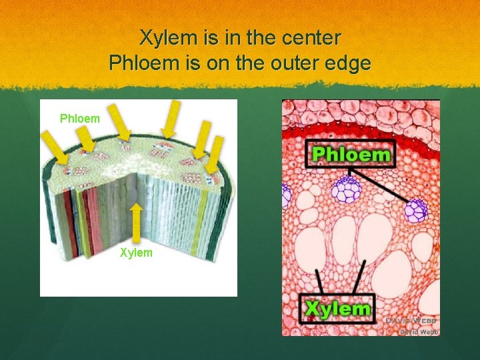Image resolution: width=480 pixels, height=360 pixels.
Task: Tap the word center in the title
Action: click(311, 38)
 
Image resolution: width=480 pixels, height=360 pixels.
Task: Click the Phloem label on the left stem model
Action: click(79, 119)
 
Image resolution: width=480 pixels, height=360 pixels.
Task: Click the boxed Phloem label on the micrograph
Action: click(351, 155)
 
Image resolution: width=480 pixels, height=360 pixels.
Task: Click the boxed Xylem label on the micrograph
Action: click(337, 309)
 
